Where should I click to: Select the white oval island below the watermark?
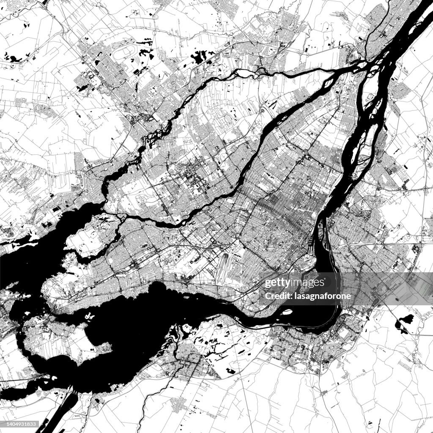click(x=287, y=313)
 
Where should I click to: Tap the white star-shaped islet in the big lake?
click(x=89, y=315)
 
